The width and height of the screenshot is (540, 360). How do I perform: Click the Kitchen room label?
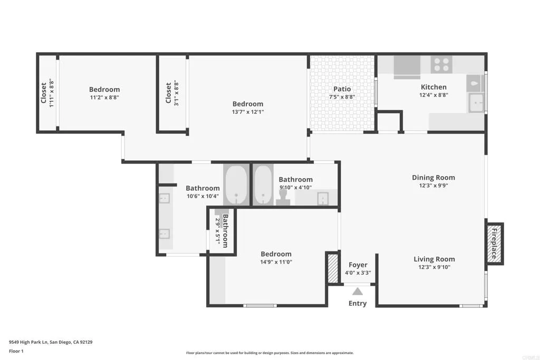[x=433, y=87]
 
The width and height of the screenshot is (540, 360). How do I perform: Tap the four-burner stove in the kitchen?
[x=442, y=64]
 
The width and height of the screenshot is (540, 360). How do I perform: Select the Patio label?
[x=342, y=89]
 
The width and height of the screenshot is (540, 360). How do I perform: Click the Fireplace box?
[x=495, y=244]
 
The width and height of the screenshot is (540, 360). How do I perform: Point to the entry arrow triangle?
[x=358, y=291]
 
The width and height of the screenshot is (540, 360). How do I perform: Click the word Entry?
[x=358, y=304]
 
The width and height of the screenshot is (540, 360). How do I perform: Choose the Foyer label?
[x=358, y=265]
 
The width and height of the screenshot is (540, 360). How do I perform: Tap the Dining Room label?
[x=433, y=178]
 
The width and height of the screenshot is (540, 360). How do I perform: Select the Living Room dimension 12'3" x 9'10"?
[x=434, y=267]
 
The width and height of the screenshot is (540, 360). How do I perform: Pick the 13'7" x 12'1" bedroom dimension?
[x=248, y=112]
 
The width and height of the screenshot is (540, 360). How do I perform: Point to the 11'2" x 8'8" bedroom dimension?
[x=104, y=97]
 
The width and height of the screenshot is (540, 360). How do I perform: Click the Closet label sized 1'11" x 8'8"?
[x=44, y=93]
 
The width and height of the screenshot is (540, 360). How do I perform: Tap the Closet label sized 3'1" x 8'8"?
[x=169, y=93]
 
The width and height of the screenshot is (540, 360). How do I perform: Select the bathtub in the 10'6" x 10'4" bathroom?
[x=237, y=185]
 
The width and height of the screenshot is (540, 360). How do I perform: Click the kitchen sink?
[x=477, y=102]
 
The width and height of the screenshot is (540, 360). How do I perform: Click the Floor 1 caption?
[x=16, y=351]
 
